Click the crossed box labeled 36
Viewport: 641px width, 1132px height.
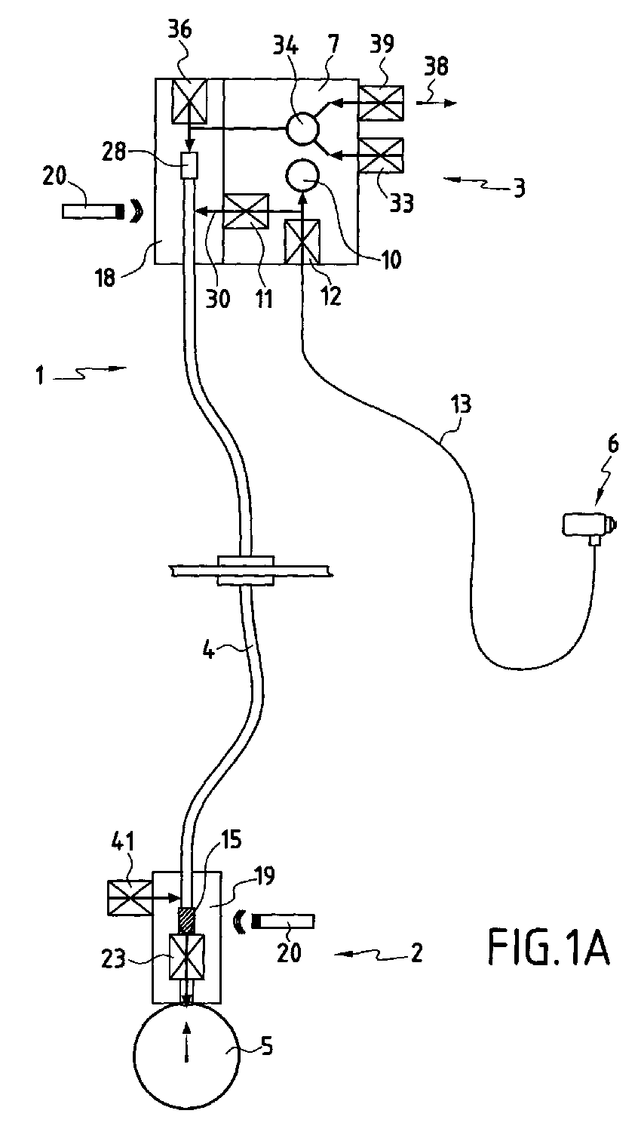point(189,101)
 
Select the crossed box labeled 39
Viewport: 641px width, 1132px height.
point(380,103)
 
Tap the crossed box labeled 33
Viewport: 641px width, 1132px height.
point(380,155)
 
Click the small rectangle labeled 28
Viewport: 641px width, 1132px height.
point(189,165)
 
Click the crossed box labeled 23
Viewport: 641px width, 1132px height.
point(187,955)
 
